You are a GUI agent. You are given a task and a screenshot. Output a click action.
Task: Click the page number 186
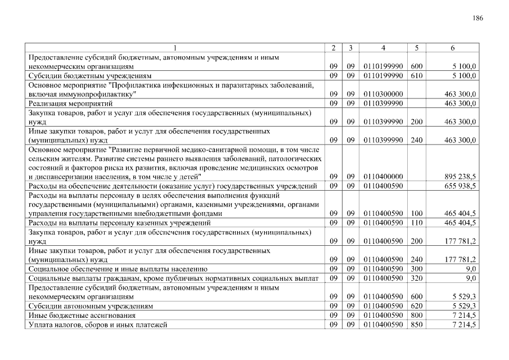(478, 19)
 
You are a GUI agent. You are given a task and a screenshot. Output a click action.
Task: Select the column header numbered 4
(382, 48)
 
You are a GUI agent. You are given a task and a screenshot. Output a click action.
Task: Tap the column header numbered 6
(452, 48)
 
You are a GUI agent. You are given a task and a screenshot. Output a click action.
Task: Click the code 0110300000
(383, 94)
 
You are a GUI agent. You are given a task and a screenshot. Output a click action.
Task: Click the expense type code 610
(417, 75)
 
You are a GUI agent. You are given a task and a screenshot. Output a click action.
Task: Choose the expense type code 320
(417, 278)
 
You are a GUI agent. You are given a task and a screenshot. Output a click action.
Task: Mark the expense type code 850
(417, 325)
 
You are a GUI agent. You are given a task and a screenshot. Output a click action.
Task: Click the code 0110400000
(383, 177)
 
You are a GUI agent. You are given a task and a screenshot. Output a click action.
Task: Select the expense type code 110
(417, 223)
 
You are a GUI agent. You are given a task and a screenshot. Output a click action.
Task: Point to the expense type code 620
(417, 306)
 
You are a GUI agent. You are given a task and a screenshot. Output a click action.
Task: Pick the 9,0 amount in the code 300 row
(471, 269)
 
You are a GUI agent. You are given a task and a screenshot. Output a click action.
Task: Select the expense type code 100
(417, 214)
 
